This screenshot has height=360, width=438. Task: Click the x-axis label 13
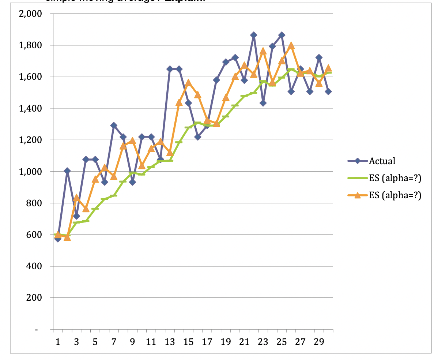[x=170, y=343]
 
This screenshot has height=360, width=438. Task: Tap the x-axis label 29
[x=319, y=343]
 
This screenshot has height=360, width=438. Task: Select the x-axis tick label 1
[x=57, y=343]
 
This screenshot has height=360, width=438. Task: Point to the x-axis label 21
[x=244, y=343]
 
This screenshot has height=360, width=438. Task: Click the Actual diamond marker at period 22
[x=254, y=35]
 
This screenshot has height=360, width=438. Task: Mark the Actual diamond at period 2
[x=67, y=171]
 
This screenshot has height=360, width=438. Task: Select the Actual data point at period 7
[x=114, y=125]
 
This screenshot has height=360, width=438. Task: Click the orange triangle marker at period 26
[x=291, y=45]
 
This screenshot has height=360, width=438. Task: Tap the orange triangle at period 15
[x=188, y=83]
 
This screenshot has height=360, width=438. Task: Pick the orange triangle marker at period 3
[x=76, y=198]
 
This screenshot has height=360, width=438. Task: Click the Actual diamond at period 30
[x=328, y=91]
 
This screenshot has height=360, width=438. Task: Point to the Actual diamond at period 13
[x=170, y=69]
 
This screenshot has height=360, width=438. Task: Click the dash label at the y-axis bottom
[x=36, y=330]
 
